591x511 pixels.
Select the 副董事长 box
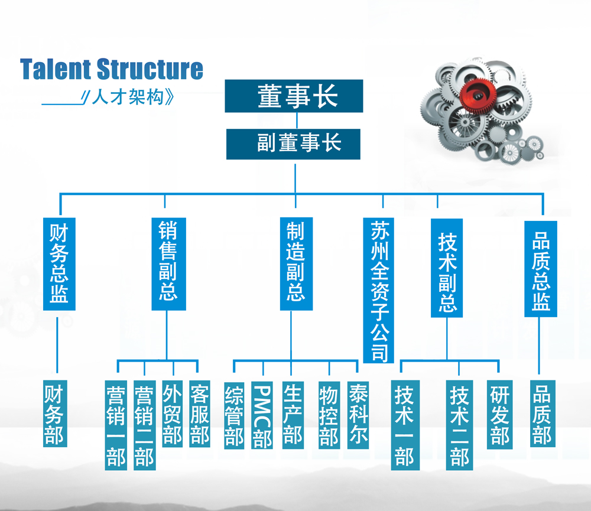point(293,144)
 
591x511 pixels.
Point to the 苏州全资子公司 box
point(379,289)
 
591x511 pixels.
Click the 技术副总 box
point(447,268)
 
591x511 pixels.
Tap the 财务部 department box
point(55,414)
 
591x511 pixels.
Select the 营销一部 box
point(116,425)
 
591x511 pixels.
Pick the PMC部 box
point(262,415)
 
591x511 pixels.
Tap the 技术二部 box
point(459,425)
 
